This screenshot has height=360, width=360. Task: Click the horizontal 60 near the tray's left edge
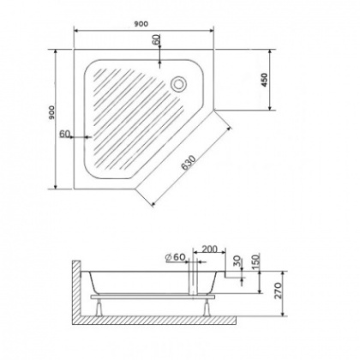click(x=64, y=133)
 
